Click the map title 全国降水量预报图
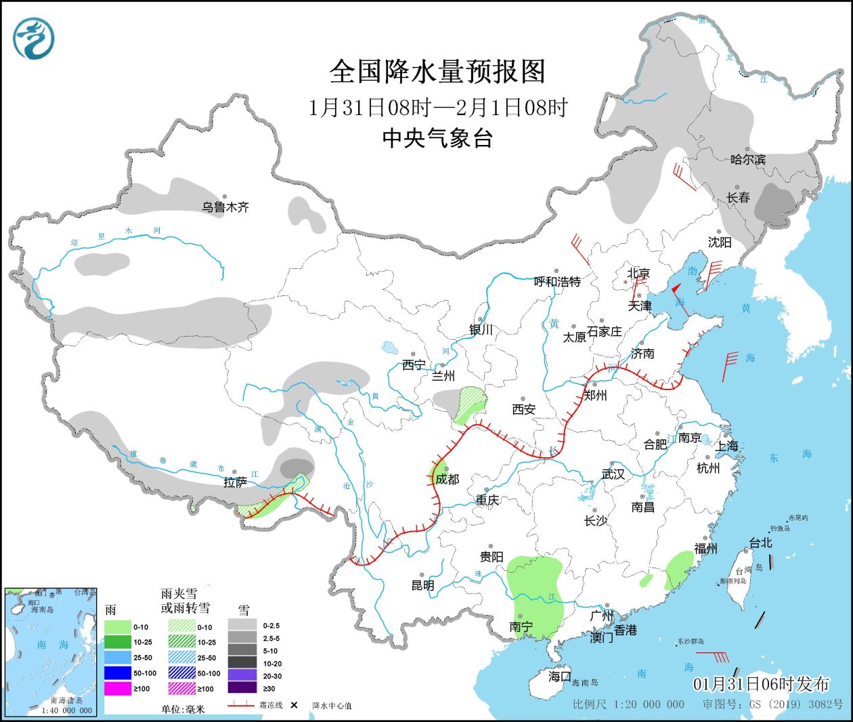click(x=437, y=71)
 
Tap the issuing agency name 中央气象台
click(x=437, y=138)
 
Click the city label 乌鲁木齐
click(x=225, y=207)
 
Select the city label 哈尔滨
click(x=748, y=160)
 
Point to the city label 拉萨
click(x=235, y=482)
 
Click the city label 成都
click(x=447, y=479)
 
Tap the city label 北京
click(x=638, y=273)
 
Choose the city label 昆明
click(x=423, y=585)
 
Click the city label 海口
click(x=560, y=676)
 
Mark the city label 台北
click(x=760, y=543)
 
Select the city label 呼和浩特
click(x=557, y=282)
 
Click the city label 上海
click(x=727, y=446)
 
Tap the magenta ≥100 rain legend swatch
click(x=118, y=688)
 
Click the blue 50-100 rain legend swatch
click(x=118, y=673)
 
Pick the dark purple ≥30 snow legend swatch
click(x=242, y=688)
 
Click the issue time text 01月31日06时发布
click(x=761, y=683)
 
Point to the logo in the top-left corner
click(x=33, y=39)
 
